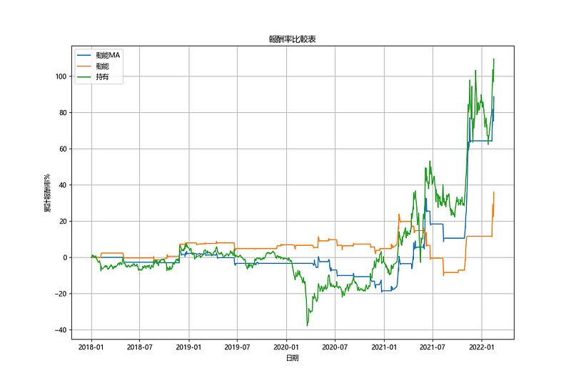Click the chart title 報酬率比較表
point(291,40)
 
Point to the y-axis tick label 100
point(60,76)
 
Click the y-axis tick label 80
point(62,113)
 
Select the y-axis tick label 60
point(62,149)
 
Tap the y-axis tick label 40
point(62,185)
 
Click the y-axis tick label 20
point(62,222)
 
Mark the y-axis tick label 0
point(64,257)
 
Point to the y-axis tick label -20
point(60,294)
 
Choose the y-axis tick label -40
point(60,330)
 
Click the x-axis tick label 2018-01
point(91,347)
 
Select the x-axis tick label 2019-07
point(237,347)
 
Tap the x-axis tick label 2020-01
point(286,347)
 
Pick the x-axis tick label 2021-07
point(432,347)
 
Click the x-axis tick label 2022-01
point(481,347)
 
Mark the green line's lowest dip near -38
point(308,325)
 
